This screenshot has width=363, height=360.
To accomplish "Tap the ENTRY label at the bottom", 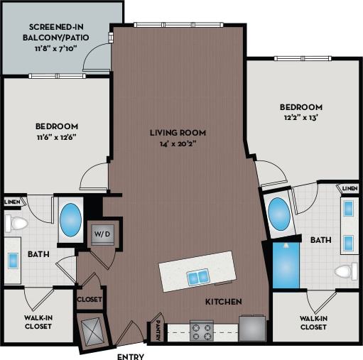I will tap(131, 356).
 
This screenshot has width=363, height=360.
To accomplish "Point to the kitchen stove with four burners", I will tap(201, 330).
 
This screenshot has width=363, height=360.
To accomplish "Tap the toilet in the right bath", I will tap(346, 271).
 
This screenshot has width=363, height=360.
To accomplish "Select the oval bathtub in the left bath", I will tap(69, 220).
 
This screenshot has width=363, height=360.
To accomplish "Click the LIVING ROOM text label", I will tap(178, 132).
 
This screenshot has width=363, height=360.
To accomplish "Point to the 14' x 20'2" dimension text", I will tap(178, 143).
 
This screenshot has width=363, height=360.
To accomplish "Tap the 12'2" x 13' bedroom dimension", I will tap(300, 118).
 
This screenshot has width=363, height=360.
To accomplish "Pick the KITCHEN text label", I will tap(223, 302).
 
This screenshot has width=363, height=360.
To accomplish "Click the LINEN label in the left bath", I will tap(12, 202).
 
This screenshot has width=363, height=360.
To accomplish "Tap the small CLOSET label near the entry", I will tap(90, 299).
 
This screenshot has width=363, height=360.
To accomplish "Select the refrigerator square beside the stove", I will tap(251, 328).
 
